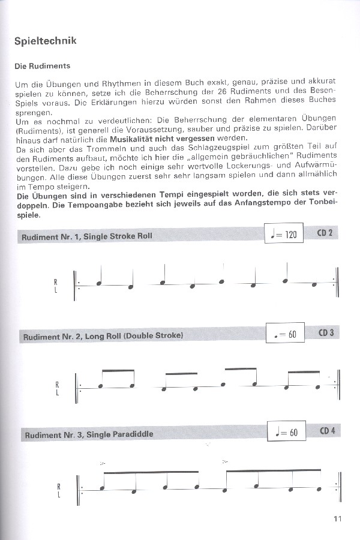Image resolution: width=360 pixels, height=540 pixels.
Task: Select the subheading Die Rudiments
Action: pyautogui.click(x=43, y=66)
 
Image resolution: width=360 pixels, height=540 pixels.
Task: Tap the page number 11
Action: pyautogui.click(x=337, y=520)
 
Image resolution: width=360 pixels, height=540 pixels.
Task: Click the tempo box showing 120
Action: pyautogui.click(x=284, y=233)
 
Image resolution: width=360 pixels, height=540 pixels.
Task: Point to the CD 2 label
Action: pyautogui.click(x=325, y=233)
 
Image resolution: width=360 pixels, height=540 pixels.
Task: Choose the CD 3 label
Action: pyautogui.click(x=326, y=332)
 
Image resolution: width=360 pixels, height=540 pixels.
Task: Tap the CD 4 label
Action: pyautogui.click(x=327, y=431)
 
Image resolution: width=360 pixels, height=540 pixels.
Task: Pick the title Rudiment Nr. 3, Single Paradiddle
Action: pyautogui.click(x=88, y=434)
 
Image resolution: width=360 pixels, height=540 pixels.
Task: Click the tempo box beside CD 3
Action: pyautogui.click(x=285, y=333)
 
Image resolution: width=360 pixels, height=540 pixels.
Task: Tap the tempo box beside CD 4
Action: pyautogui.click(x=286, y=431)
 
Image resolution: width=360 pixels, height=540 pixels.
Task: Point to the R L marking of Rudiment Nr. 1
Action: pyautogui.click(x=56, y=286)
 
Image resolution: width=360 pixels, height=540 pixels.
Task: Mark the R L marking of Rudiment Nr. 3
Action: pyautogui.click(x=58, y=491)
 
